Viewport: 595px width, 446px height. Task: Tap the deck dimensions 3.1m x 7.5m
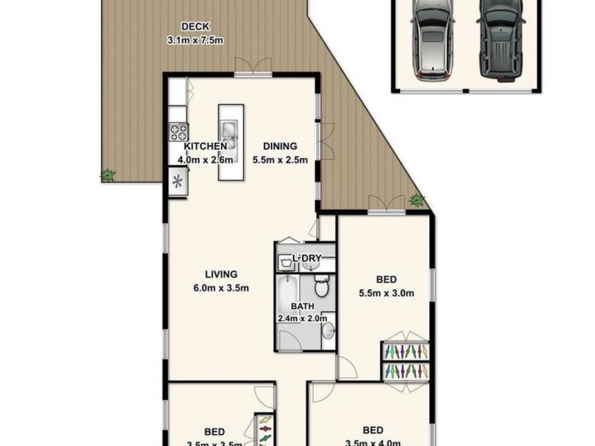(195, 40)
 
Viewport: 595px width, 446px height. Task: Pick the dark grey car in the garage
(496, 39)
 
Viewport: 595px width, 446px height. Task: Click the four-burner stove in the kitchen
(178, 132)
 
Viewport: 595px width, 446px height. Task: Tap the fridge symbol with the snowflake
(178, 181)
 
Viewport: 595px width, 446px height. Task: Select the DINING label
(280, 146)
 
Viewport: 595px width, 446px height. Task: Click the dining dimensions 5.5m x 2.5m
(280, 159)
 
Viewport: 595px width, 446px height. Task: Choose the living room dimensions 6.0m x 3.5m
(221, 288)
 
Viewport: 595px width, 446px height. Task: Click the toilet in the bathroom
(321, 284)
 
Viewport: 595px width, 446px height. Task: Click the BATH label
(302, 306)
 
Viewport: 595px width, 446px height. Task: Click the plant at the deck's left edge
(108, 175)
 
